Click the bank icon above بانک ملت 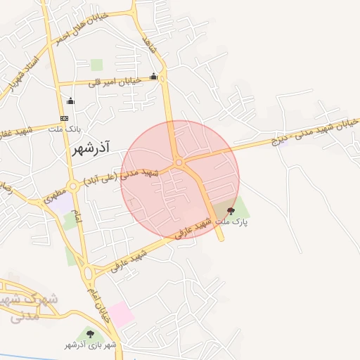click(x=65, y=118)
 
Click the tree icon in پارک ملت click(x=231, y=210)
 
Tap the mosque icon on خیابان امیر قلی click(x=154, y=77)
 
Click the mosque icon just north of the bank click(x=70, y=101)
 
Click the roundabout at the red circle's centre click(x=179, y=162)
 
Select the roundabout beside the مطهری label click(x=73, y=187)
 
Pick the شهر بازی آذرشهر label click(x=90, y=345)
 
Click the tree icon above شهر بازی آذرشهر click(x=90, y=333)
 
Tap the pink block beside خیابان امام click(x=120, y=314)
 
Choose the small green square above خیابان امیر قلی click(x=97, y=65)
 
